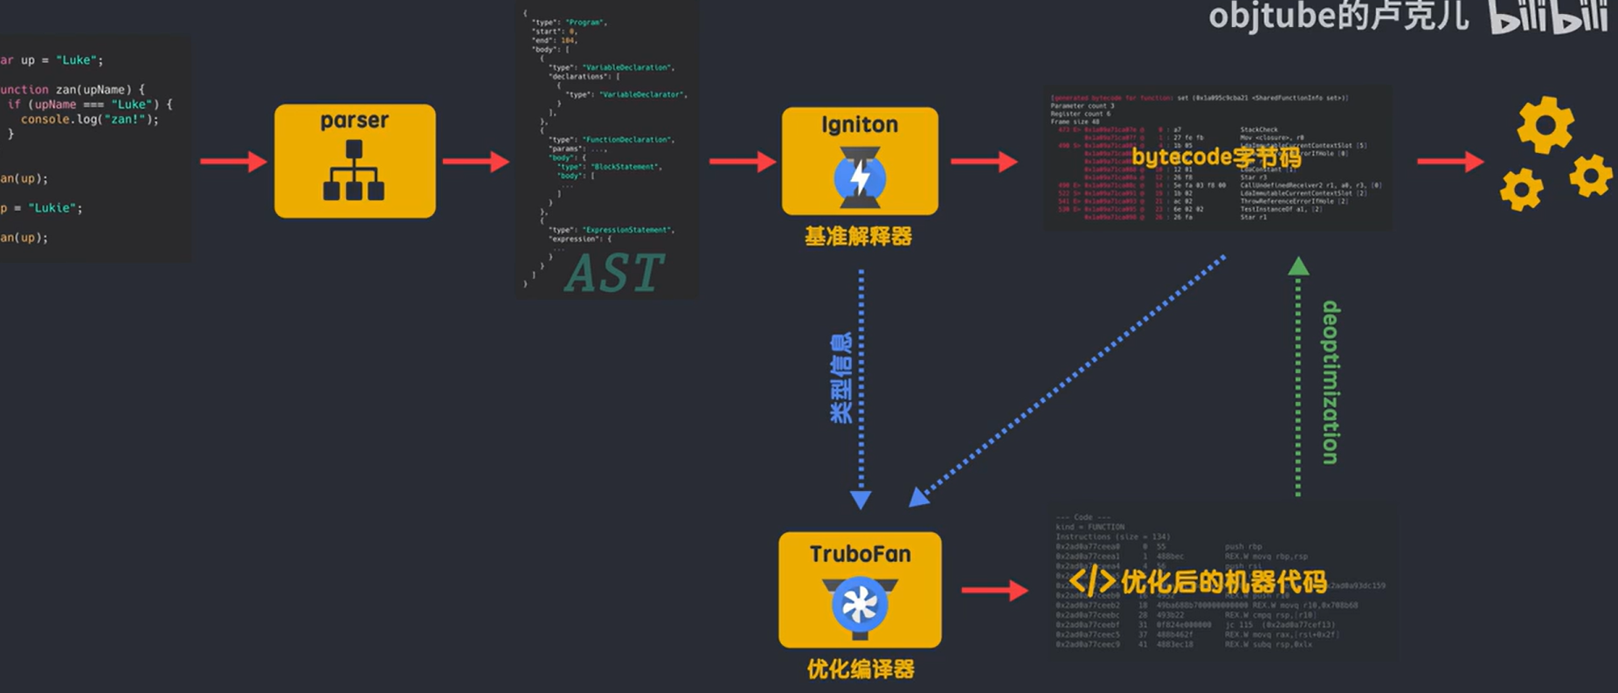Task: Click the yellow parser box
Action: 355,161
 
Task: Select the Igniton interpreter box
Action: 860,161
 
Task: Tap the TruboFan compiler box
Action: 860,589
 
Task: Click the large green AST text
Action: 614,274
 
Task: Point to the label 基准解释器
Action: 858,237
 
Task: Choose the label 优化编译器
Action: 861,669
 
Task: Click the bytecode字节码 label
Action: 1216,157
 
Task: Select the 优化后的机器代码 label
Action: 1223,581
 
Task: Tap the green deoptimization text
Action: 1331,382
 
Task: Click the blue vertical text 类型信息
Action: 840,378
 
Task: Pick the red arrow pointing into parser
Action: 233,162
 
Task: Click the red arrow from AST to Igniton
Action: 743,162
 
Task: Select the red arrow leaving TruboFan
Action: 994,591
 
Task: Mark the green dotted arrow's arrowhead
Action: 1298,266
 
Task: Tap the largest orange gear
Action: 1545,125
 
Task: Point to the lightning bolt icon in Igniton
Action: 861,178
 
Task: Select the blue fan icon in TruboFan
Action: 860,604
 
